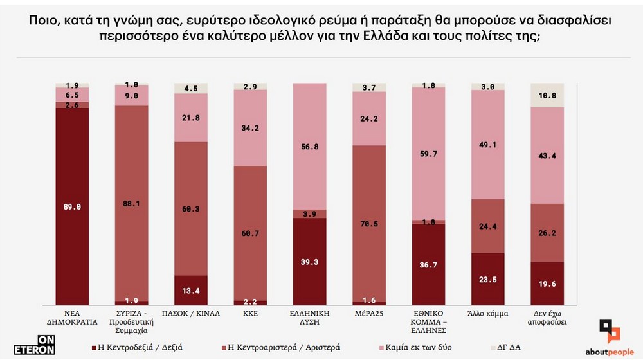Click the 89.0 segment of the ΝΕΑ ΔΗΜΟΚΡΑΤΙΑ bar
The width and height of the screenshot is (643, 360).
[72, 206]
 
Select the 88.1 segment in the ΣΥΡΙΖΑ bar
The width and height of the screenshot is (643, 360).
[131, 203]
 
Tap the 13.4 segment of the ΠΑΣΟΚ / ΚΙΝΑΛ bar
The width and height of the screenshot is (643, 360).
[191, 290]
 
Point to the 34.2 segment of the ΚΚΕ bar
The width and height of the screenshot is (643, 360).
[250, 127]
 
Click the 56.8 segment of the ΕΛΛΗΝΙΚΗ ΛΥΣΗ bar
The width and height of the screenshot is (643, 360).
[309, 147]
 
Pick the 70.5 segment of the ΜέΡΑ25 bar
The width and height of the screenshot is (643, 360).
[369, 223]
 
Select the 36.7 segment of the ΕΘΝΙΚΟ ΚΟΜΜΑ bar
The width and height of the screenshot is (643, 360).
[428, 264]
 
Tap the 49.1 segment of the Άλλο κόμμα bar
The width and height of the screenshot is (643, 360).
[488, 145]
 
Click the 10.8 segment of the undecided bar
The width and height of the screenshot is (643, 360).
[547, 95]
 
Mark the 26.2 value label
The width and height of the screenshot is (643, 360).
[547, 233]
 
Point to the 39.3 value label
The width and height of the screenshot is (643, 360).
[309, 262]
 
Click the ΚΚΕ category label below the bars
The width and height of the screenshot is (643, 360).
[250, 314]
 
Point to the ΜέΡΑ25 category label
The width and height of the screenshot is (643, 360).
[369, 314]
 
